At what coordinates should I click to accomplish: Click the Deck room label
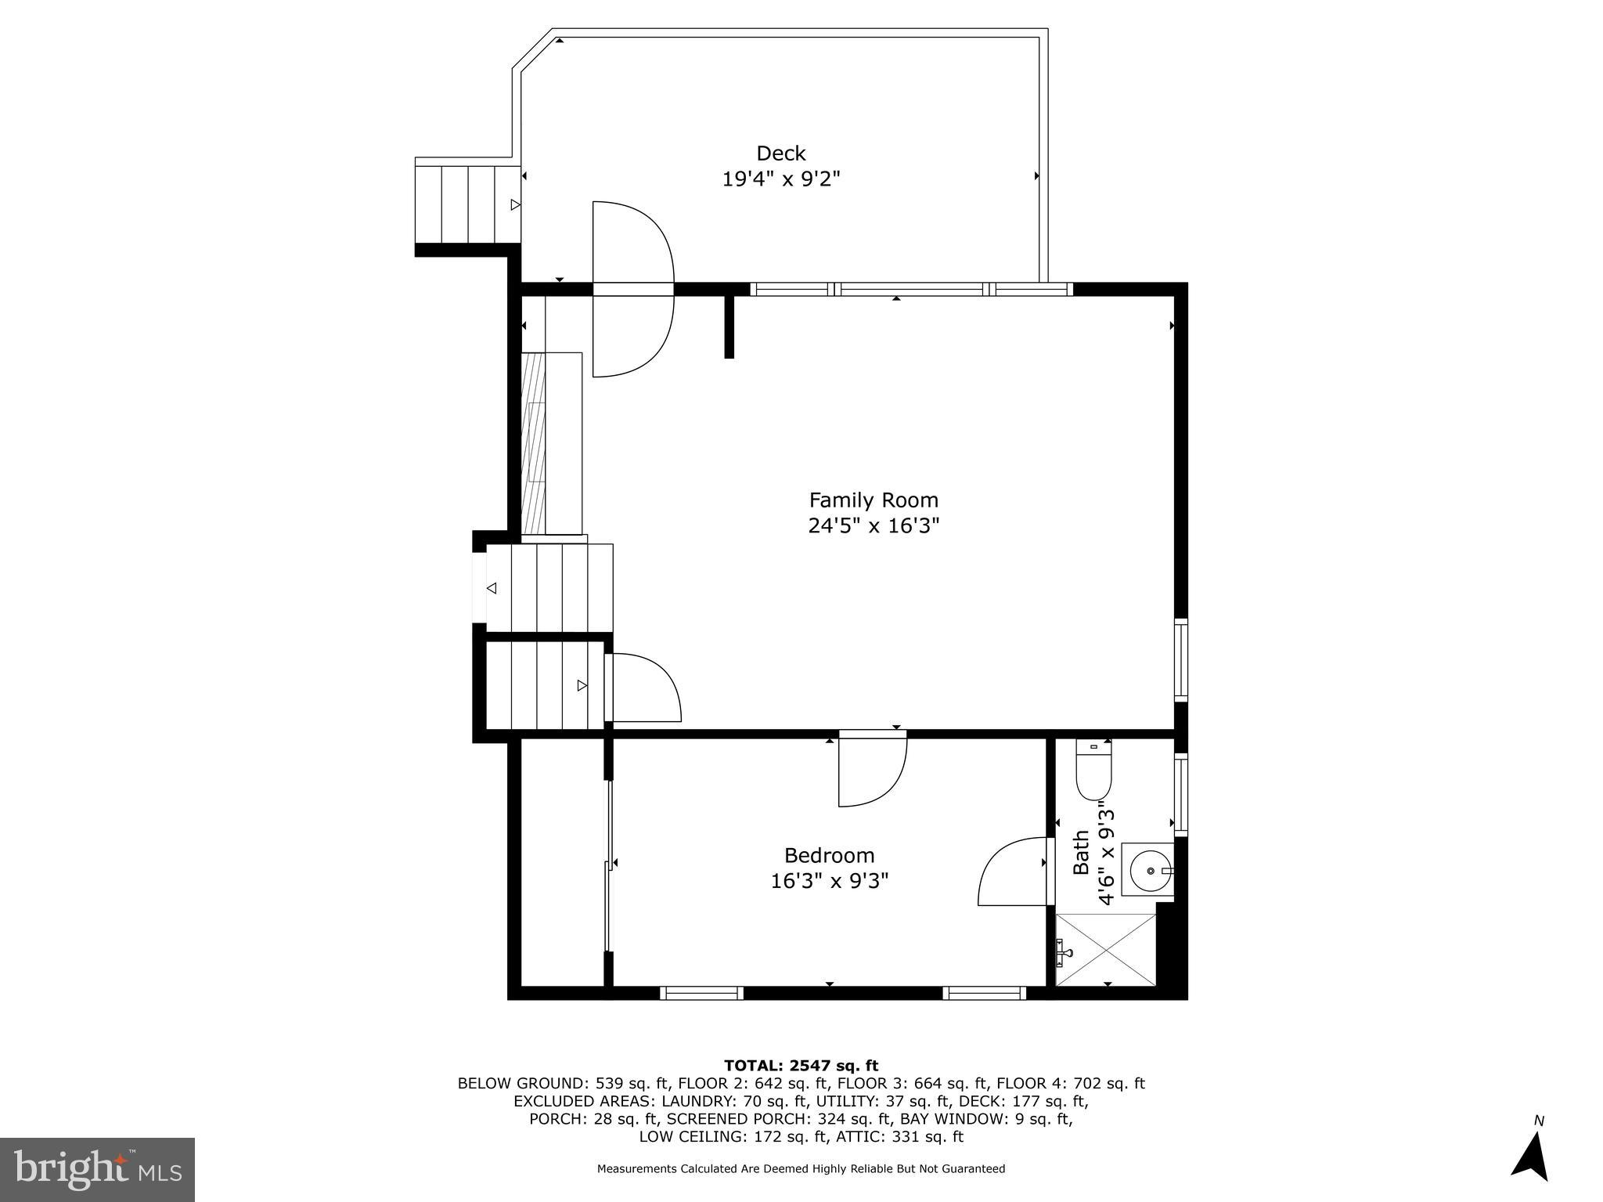780,153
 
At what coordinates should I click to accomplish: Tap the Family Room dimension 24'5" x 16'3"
873,525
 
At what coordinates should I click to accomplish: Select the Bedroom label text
829,855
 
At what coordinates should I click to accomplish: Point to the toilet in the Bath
1093,771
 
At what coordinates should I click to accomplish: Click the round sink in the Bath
1148,869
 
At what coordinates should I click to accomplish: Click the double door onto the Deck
632,289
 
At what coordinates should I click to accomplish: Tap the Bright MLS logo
97,1169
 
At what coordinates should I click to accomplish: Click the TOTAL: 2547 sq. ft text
801,1065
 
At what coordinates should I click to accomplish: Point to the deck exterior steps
468,204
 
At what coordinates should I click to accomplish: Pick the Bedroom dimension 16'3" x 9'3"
829,881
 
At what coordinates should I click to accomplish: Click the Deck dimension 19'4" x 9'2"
780,179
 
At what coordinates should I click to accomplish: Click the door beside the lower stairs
644,688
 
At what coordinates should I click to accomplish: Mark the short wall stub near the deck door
729,326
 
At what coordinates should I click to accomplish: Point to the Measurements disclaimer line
801,1169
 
